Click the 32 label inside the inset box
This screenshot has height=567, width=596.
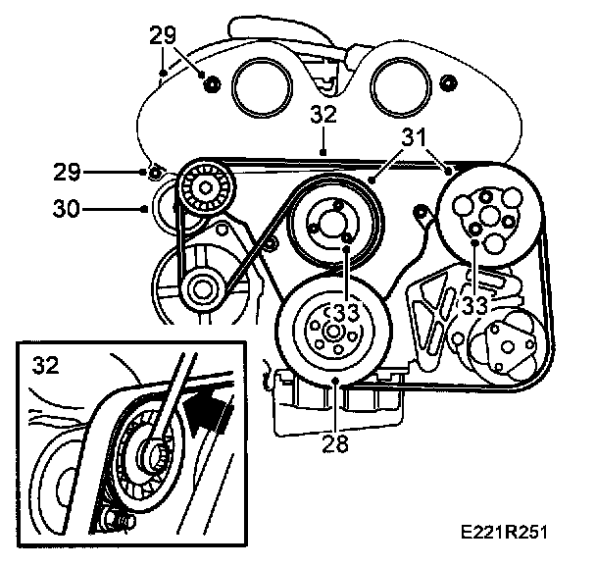pos(44,366)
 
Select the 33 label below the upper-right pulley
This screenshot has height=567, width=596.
pos(475,306)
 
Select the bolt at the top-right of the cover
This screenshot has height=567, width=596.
pos(447,80)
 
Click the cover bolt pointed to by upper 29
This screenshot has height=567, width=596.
pos(209,80)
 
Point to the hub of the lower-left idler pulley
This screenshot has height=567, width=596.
pos(203,288)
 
